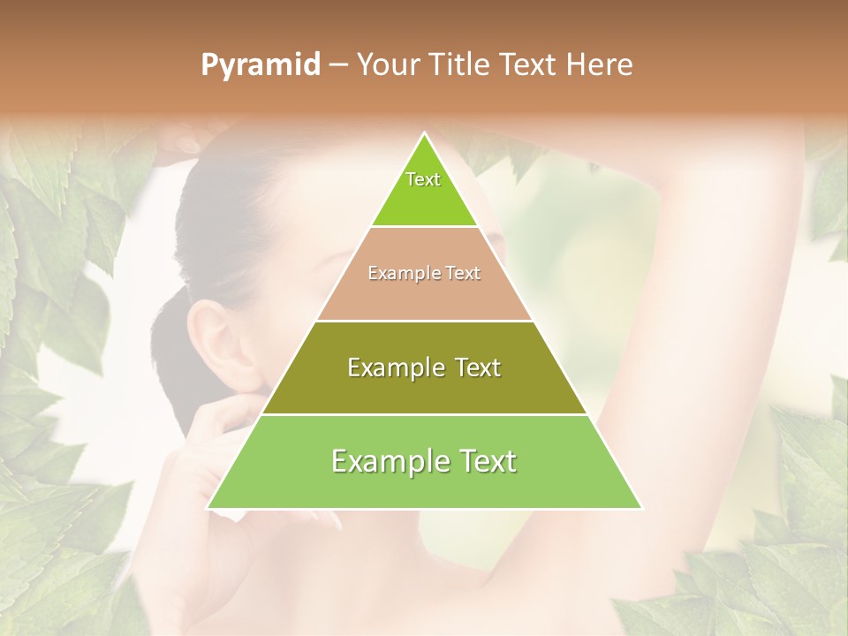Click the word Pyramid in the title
click(260, 65)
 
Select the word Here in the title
click(600, 65)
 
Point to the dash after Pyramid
click(337, 65)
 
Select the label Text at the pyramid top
click(423, 179)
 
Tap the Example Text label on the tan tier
click(424, 273)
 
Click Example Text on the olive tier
click(424, 367)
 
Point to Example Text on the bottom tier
click(424, 461)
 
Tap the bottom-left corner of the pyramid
click(208, 508)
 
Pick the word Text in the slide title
click(528, 65)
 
